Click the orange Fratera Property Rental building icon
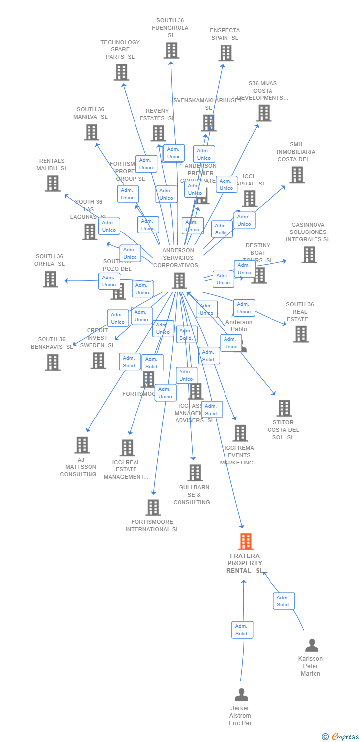pos(246,542)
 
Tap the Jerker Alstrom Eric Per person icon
pos(241,695)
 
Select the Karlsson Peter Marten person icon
pos(312,646)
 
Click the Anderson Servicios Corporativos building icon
pos(179,280)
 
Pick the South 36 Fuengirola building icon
pos(171,50)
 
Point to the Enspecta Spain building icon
pos(226,53)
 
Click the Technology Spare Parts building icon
pos(121,72)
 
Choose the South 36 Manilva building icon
pos(91,132)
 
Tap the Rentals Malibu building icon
pos(52,183)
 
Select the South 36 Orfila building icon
pos(50,279)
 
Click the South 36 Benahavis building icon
pos(52,362)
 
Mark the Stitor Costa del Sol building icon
pos(284,408)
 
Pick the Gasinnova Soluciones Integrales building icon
pos(309,255)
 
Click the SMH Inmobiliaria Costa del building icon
pos(297,175)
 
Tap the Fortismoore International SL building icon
pos(153,508)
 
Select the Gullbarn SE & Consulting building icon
pos(195,473)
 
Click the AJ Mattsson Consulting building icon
pos(82,445)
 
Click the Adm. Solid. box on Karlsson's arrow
pos(284,601)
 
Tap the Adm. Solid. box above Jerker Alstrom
pos(242,630)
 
